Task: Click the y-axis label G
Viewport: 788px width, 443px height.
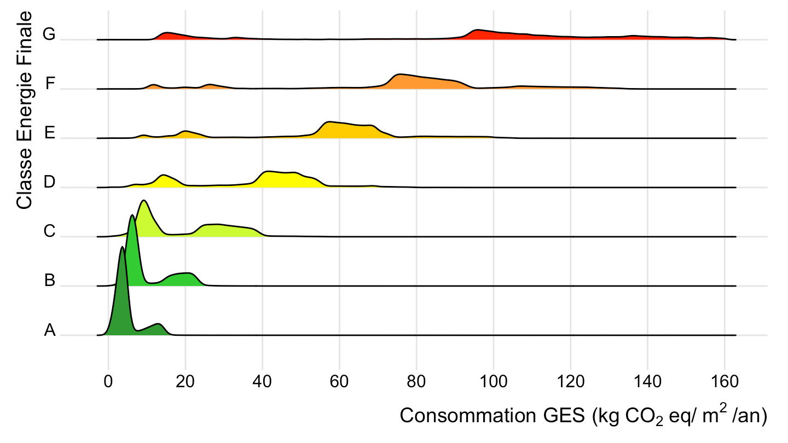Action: click(x=49, y=34)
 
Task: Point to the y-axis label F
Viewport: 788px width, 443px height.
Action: click(x=50, y=84)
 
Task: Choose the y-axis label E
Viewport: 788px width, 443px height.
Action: click(x=50, y=133)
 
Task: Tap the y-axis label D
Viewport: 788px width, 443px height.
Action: click(x=49, y=183)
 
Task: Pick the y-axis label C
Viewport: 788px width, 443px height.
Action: click(x=49, y=232)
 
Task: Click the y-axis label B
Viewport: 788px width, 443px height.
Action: click(x=50, y=281)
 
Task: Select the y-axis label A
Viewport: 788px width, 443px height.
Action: click(x=50, y=330)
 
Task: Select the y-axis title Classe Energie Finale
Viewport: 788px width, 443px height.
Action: click(x=24, y=109)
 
